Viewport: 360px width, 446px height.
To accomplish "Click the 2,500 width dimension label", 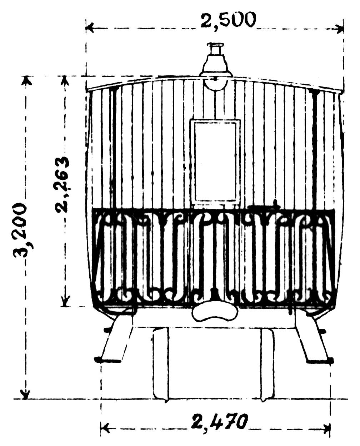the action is click(x=228, y=20).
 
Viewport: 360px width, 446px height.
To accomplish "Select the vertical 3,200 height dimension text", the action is click(x=20, y=231).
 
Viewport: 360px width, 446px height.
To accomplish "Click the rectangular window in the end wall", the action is click(x=215, y=161).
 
